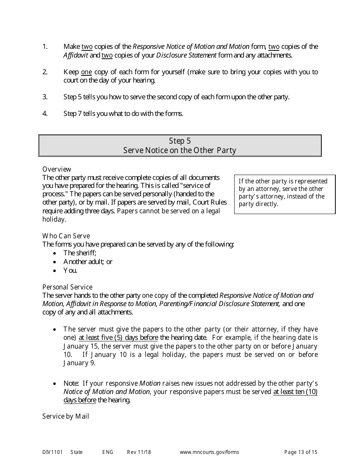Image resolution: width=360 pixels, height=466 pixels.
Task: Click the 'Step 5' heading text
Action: point(180,141)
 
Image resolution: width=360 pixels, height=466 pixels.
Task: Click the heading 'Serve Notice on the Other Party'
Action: point(180,150)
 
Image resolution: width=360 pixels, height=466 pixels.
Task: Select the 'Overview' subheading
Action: point(57,169)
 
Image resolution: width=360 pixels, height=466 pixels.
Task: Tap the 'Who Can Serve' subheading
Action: point(66,236)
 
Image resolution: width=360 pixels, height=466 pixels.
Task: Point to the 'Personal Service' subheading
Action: point(67,287)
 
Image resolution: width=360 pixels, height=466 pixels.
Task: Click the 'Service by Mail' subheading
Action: point(66,416)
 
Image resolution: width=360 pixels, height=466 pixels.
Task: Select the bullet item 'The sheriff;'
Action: point(80,253)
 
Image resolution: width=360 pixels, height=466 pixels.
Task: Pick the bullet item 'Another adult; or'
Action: point(88,262)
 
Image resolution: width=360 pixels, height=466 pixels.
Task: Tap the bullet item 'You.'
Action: point(70,271)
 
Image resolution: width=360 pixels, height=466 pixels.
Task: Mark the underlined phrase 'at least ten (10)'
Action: point(295,392)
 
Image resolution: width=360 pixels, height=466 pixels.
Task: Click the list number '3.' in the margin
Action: point(45,97)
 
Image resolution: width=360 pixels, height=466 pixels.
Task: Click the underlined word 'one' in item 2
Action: point(86,72)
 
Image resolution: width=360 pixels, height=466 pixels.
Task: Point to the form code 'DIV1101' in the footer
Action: point(52,452)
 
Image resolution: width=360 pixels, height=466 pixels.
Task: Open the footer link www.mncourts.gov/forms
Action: point(209,452)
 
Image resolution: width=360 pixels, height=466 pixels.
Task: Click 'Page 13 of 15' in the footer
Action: point(301,452)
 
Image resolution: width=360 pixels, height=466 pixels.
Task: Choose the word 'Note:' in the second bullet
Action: point(71,383)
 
